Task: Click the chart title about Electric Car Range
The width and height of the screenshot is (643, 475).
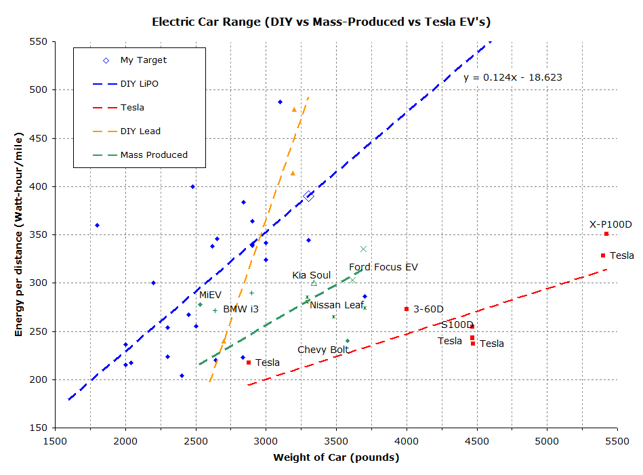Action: [321, 22]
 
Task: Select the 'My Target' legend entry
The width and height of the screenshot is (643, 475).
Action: [143, 60]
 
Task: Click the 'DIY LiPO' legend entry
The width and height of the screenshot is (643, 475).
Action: [140, 84]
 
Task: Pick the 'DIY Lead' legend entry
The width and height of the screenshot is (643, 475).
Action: [140, 131]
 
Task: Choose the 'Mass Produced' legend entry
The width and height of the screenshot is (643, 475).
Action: [154, 155]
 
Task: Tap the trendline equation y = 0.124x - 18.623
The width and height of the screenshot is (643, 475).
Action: [512, 78]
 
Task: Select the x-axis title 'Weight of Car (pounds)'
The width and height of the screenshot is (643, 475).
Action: [336, 457]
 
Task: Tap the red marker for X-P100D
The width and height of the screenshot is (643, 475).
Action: [606, 234]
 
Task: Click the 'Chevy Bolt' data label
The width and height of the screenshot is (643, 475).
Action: [323, 350]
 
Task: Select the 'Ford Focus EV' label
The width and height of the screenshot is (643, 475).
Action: [383, 268]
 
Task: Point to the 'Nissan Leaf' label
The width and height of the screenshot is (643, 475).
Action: [337, 306]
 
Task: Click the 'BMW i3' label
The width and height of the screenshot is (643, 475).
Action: [241, 310]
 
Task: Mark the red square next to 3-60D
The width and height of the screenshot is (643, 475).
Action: [407, 309]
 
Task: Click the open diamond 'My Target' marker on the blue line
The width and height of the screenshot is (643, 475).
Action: [309, 197]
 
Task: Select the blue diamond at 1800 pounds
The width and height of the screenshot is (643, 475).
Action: [98, 225]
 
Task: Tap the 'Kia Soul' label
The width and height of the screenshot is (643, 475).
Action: [311, 275]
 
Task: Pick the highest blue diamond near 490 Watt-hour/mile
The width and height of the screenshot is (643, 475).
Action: [280, 102]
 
